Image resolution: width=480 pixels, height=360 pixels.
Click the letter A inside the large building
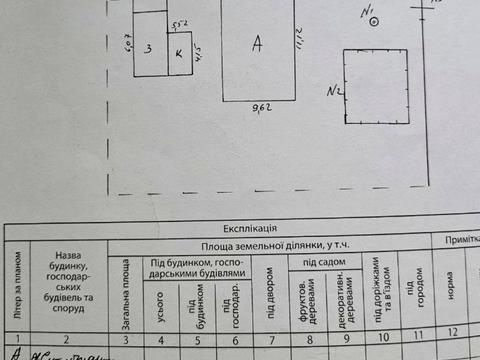tap(258, 43)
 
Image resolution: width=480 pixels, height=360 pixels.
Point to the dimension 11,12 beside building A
tap(298, 40)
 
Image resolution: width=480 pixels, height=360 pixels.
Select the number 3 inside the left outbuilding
tap(148, 47)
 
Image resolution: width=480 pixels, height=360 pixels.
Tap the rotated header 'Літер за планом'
tap(17, 290)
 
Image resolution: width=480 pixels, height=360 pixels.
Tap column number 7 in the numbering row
tap(269, 339)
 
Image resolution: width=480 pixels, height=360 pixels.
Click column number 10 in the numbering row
tap(381, 339)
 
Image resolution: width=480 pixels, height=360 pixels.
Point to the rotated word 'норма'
tap(452, 297)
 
